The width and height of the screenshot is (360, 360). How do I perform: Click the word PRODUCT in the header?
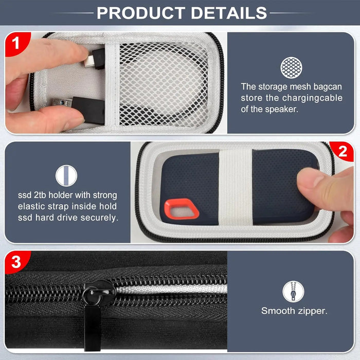click(141, 13)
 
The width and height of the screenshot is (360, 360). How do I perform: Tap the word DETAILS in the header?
click(229, 13)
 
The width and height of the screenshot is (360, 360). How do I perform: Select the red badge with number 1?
click(16, 43)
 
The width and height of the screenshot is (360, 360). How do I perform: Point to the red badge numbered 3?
click(16, 262)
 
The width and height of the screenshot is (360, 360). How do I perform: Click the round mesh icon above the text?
click(291, 68)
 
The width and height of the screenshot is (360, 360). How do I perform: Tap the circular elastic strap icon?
click(66, 176)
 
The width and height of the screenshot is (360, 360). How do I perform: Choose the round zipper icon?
click(293, 292)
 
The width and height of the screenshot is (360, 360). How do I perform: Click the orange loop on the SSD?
click(182, 209)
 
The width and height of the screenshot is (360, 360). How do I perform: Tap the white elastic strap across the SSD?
click(236, 187)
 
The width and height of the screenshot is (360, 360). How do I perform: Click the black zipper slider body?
click(99, 293)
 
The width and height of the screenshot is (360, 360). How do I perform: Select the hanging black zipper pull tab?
click(93, 329)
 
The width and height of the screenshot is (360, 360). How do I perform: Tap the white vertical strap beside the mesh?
click(112, 84)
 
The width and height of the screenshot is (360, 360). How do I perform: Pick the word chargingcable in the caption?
click(312, 98)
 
